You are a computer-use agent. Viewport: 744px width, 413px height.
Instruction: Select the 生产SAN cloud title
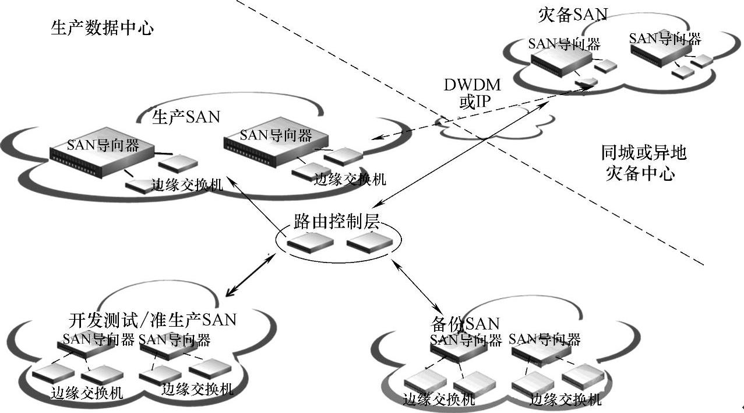tap(186, 117)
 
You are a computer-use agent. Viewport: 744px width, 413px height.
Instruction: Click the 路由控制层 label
tap(337, 222)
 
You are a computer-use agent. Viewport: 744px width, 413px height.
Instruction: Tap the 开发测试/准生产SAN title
tap(153, 320)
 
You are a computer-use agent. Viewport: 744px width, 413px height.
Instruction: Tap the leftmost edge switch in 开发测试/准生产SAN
tap(52, 374)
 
